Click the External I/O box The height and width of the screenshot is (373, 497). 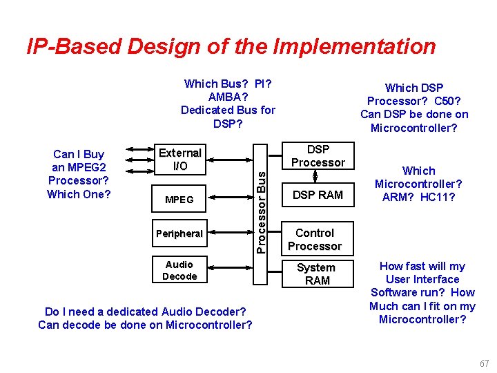point(179,160)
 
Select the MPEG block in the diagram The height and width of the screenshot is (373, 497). point(179,200)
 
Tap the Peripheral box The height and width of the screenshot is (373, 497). point(179,233)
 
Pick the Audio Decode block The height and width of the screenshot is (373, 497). point(179,270)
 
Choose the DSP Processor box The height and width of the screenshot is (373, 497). point(318,156)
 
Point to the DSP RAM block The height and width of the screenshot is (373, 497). point(318,195)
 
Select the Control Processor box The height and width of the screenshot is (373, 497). point(315,240)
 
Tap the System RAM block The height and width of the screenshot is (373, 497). point(317,274)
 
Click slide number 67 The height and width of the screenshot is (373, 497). point(483,363)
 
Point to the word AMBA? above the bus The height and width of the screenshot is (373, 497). point(228,97)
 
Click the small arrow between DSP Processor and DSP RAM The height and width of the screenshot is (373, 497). point(315,178)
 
